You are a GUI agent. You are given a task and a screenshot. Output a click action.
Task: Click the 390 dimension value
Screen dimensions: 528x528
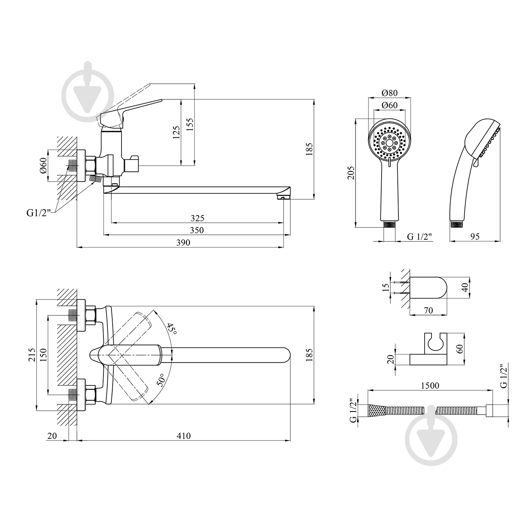[183, 243]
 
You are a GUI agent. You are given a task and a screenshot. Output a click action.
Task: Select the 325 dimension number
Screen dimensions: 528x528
[197, 218]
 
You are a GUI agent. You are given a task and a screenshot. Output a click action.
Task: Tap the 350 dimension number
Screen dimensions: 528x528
[197, 230]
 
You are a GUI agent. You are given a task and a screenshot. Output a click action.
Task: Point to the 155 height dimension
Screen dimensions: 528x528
[190, 124]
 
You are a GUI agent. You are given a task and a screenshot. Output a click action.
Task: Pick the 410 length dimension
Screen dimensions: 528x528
[183, 436]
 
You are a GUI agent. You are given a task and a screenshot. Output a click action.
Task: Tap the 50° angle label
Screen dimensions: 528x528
[161, 380]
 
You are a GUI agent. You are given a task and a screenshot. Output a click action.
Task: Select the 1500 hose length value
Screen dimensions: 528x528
[430, 385]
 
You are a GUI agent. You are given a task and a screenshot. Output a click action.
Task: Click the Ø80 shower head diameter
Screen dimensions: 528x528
[389, 93]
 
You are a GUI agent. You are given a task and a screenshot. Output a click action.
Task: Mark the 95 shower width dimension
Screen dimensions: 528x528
[475, 237]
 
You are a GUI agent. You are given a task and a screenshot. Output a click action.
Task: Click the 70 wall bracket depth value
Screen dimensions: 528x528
[428, 310]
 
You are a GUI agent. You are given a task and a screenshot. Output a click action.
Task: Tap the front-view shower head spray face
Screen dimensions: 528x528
[389, 143]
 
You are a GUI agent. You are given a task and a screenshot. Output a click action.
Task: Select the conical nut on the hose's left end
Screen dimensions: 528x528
[377, 410]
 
